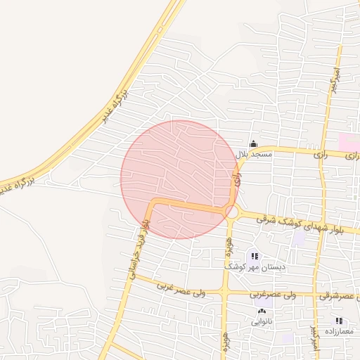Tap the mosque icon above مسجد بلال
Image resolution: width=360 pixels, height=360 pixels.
(254, 143)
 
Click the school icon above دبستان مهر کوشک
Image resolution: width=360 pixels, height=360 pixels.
(254, 257)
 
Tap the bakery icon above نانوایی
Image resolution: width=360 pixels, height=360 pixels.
(262, 311)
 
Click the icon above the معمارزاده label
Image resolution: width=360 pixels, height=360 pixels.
(339, 321)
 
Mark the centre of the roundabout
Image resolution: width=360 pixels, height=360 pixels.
(231, 211)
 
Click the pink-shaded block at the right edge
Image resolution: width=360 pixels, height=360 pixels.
(349, 141)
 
